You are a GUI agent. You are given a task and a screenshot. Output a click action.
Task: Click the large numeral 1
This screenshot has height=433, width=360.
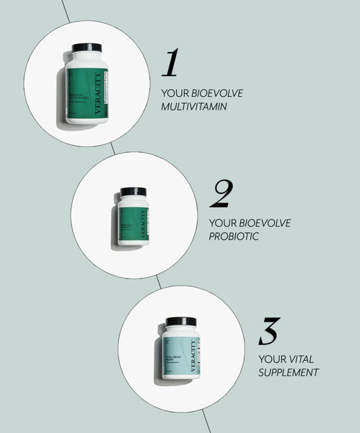click(170, 63)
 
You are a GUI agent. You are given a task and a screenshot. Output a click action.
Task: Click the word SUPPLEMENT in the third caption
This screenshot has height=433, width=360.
click(289, 372)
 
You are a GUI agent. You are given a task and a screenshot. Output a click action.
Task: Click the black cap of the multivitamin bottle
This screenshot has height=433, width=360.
click(87, 48)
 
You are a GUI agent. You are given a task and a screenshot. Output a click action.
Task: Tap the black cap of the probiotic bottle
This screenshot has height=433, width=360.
click(133, 192)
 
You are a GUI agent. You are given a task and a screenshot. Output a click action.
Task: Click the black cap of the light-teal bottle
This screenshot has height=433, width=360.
click(180, 321)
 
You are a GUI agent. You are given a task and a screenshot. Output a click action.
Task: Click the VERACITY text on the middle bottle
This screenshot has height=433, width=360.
click(144, 224)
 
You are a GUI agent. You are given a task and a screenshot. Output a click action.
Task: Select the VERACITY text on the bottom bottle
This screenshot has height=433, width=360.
click(193, 355)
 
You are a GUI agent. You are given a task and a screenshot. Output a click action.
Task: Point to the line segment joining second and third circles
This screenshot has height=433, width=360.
click(159, 282)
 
